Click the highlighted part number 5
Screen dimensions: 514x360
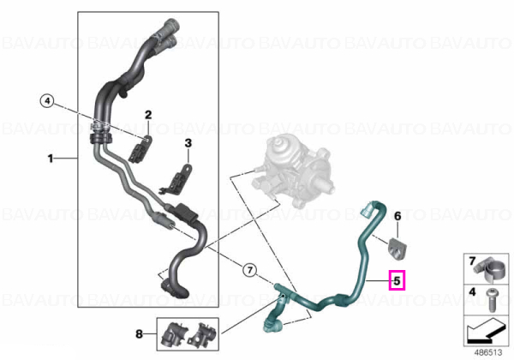397,280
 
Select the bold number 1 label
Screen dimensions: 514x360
51,159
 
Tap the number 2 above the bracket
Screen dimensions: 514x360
148,115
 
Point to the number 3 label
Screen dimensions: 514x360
188,143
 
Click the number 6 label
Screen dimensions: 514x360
397,216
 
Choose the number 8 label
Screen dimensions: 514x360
140,334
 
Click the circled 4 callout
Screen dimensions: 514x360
47,101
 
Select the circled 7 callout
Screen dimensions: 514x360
250,271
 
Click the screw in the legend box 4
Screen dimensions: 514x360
492,300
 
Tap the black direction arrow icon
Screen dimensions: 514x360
485,332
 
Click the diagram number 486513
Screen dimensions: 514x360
488,352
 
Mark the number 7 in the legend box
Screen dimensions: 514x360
472,261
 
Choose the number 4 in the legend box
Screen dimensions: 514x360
472,291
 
